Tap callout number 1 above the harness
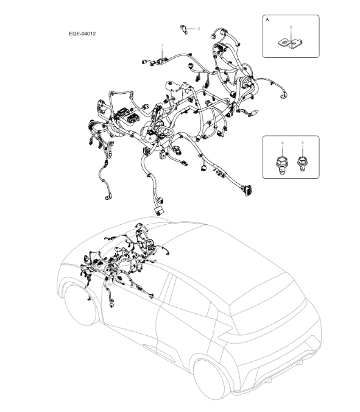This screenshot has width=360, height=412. click(162, 46)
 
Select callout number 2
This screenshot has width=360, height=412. click(199, 29)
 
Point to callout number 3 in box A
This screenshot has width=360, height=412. click(291, 27)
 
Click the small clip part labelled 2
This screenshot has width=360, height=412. click(183, 29)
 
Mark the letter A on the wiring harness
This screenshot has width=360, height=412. click(149, 139)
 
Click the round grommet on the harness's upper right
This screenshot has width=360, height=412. click(247, 83)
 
